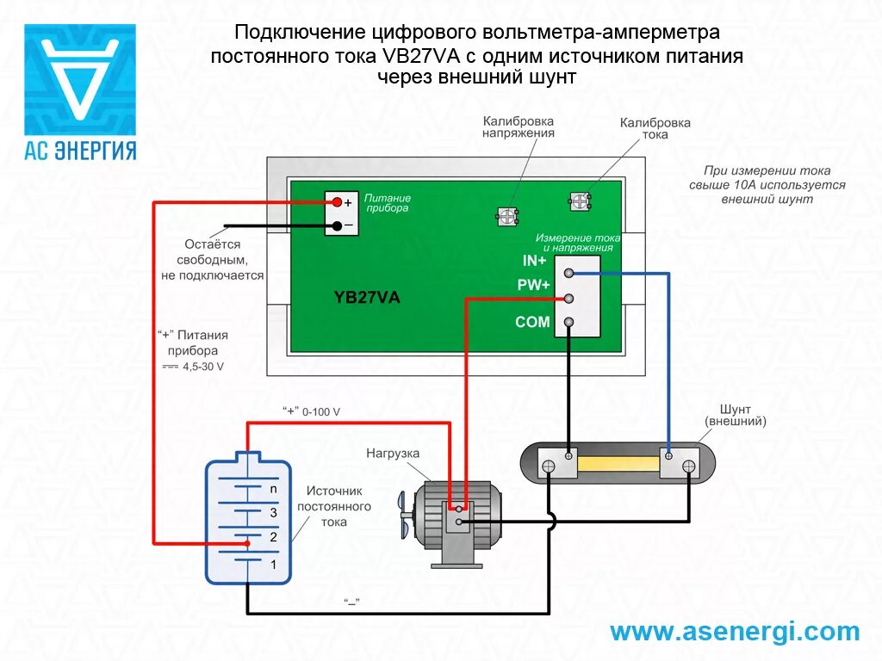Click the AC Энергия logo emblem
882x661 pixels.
point(79,78)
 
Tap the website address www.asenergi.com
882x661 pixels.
point(735,632)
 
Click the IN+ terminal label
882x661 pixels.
point(534,260)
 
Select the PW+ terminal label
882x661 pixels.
point(533,286)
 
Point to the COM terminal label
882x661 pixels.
point(532,323)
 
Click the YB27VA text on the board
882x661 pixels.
point(367,298)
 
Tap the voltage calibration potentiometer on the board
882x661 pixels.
point(508,216)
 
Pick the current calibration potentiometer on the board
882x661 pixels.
point(580,202)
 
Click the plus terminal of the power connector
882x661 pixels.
point(337,203)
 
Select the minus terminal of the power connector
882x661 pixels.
point(337,225)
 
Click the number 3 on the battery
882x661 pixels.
point(273,512)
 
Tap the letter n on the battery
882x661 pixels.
point(273,488)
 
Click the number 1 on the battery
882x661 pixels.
point(273,565)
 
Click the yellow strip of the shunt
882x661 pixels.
point(618,465)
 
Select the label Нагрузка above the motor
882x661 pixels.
point(392,453)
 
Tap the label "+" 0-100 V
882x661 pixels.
point(311,411)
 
